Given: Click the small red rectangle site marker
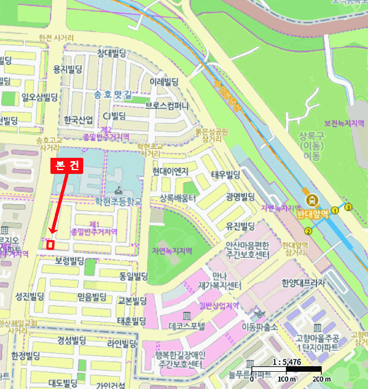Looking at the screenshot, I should click(x=50, y=243).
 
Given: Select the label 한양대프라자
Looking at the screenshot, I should click(x=303, y=282).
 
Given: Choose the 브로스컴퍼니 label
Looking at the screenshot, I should click(x=168, y=105).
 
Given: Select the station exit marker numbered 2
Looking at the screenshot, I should click(x=308, y=231).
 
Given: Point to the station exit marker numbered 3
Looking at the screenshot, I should click(x=349, y=207).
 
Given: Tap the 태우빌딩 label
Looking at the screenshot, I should click(x=225, y=174).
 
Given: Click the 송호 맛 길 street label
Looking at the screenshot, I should click(x=114, y=94).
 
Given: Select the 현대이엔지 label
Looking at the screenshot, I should click(x=171, y=171).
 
